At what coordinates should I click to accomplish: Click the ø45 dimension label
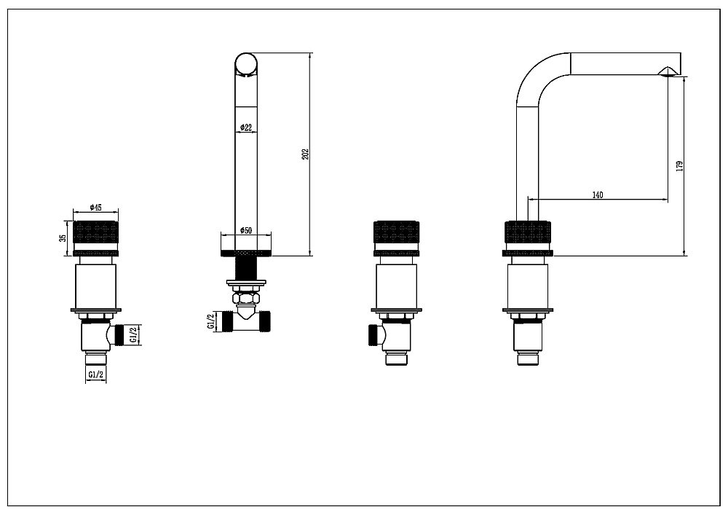[x=95, y=207]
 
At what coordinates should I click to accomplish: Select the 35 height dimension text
[x=63, y=238]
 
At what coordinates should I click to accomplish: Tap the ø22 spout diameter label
[x=245, y=127]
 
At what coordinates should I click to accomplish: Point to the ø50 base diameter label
[x=245, y=230]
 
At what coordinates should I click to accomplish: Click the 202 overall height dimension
[x=305, y=154]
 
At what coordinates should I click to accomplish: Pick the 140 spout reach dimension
[x=598, y=195]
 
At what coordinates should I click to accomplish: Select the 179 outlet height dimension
[x=679, y=167]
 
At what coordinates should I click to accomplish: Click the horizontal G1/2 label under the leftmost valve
[x=95, y=374]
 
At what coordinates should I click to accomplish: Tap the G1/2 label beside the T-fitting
[x=211, y=321]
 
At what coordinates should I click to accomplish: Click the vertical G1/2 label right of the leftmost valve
[x=132, y=334]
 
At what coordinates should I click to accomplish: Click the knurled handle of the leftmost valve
[x=96, y=232]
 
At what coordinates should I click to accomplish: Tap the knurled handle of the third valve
[x=397, y=232]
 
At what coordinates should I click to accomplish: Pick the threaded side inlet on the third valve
[x=373, y=335]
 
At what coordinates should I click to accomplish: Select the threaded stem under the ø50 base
[x=245, y=268]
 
